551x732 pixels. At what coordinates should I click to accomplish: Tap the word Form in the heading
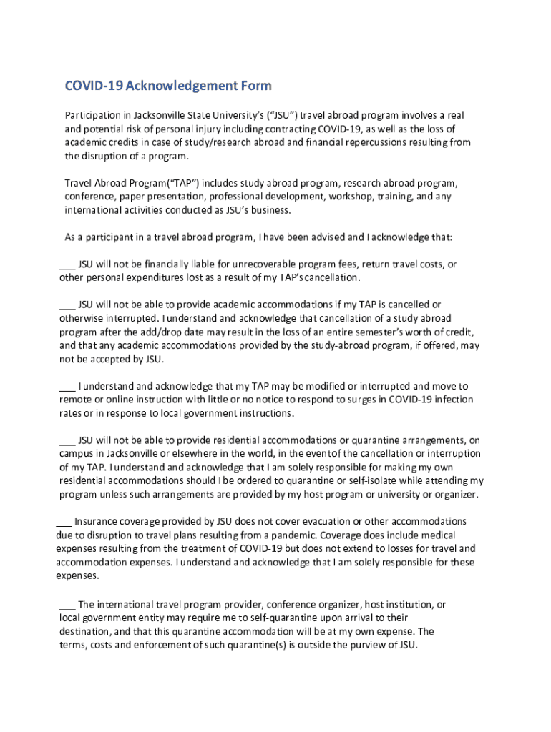tap(255, 86)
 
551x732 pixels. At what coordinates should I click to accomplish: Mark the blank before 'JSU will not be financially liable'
tap(67, 264)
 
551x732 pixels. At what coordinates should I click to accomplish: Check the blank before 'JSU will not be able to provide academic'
tap(67, 305)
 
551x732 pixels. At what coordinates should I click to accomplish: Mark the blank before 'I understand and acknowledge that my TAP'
tap(67, 387)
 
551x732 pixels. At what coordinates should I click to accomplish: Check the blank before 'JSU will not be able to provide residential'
tap(67, 440)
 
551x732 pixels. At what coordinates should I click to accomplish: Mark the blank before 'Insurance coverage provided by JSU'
tap(64, 522)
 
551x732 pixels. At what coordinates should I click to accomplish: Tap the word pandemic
tap(291, 535)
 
